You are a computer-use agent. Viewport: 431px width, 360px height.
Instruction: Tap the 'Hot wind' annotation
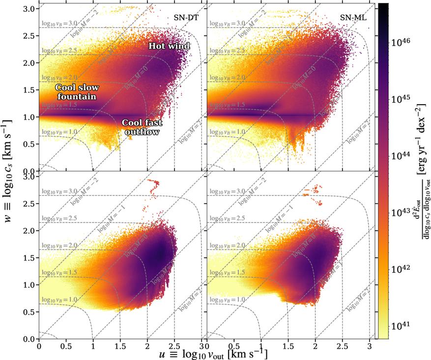(164, 46)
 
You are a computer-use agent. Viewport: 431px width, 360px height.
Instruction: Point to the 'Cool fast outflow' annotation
(141, 127)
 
